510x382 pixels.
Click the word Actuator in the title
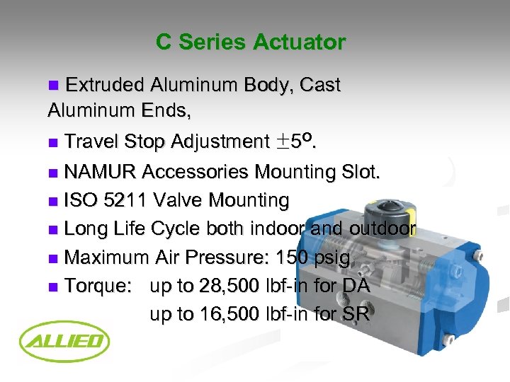pos(301,42)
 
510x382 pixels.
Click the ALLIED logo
pos(64,343)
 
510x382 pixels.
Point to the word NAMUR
pos(101,172)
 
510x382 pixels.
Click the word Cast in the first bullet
pos(320,86)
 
